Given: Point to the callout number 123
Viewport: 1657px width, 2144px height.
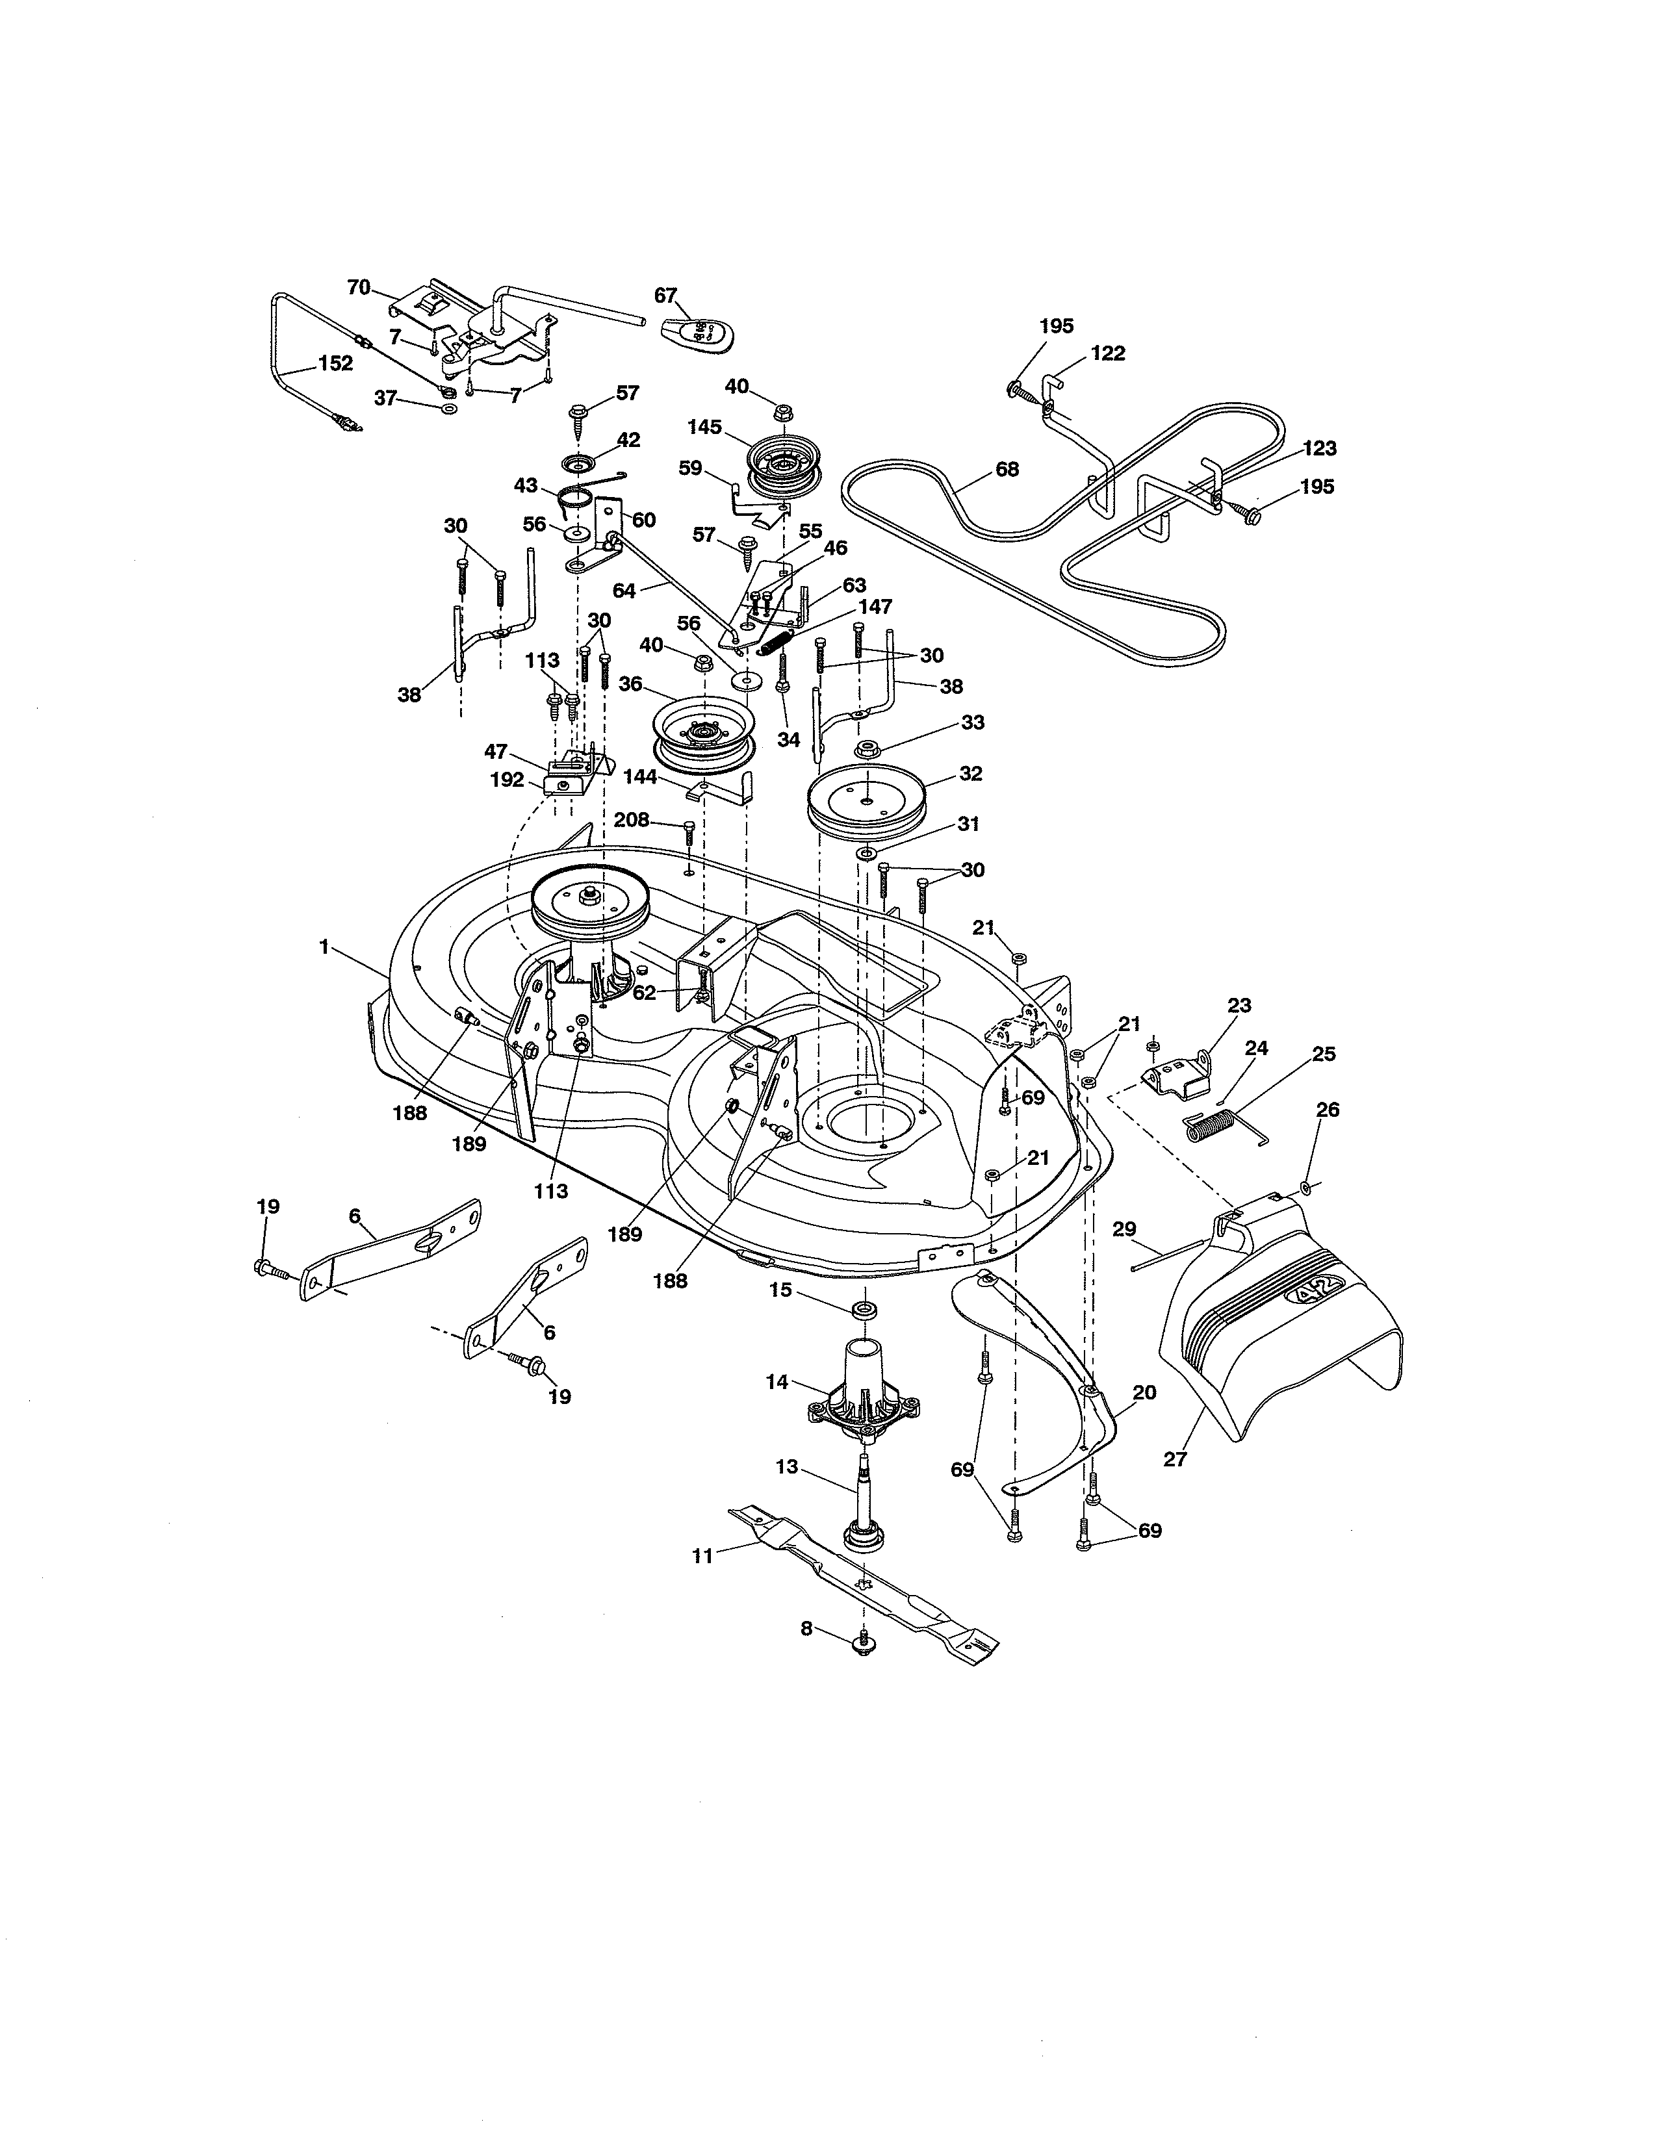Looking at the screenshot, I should click(1319, 449).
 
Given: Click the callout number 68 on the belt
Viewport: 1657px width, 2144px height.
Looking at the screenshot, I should click(1007, 469).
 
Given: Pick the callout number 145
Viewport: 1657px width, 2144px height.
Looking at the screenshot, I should click(705, 427).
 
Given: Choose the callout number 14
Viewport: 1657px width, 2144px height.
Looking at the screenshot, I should click(777, 1381).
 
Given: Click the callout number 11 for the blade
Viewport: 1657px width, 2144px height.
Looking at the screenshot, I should click(702, 1556).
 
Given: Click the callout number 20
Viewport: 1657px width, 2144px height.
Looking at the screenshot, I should click(1144, 1392).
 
